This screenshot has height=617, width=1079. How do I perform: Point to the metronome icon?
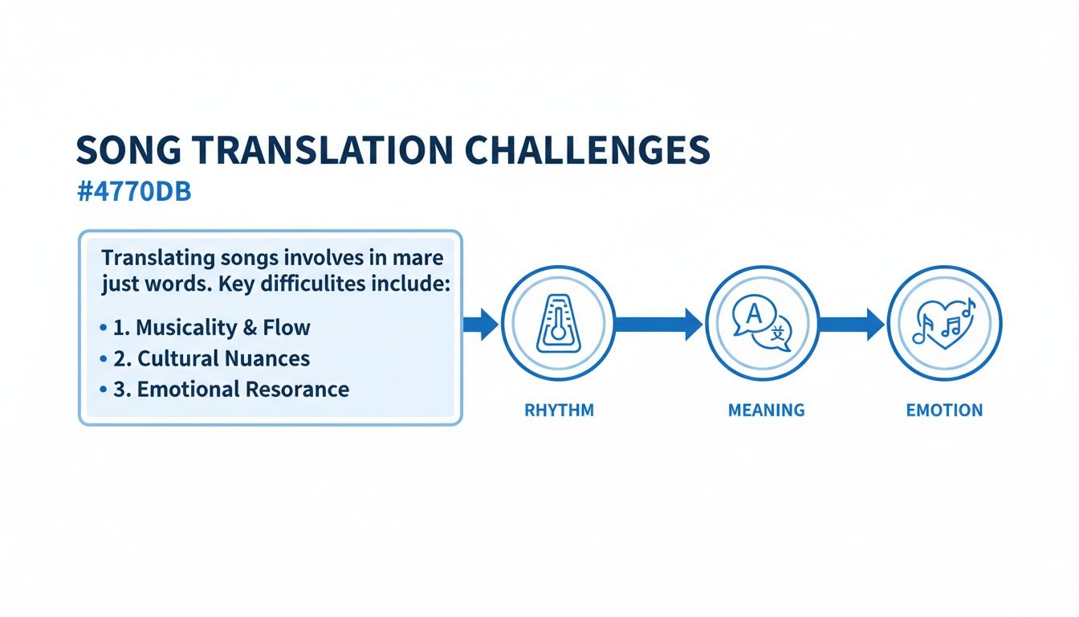click(558, 323)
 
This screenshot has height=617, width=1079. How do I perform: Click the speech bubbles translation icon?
click(763, 323)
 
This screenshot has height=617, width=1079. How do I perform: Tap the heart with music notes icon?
click(944, 323)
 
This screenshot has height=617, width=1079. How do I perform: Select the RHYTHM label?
click(559, 411)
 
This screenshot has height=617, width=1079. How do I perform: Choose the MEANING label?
click(766, 411)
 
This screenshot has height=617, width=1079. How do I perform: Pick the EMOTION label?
click(944, 411)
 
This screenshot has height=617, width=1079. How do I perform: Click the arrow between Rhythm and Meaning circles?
click(659, 324)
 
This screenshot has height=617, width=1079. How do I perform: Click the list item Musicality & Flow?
click(211, 328)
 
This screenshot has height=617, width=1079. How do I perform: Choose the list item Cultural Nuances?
click(211, 358)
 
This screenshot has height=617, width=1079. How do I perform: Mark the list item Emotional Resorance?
click(230, 390)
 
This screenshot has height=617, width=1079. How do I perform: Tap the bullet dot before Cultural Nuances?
click(104, 358)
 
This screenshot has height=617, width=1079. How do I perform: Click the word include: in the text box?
click(407, 284)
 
